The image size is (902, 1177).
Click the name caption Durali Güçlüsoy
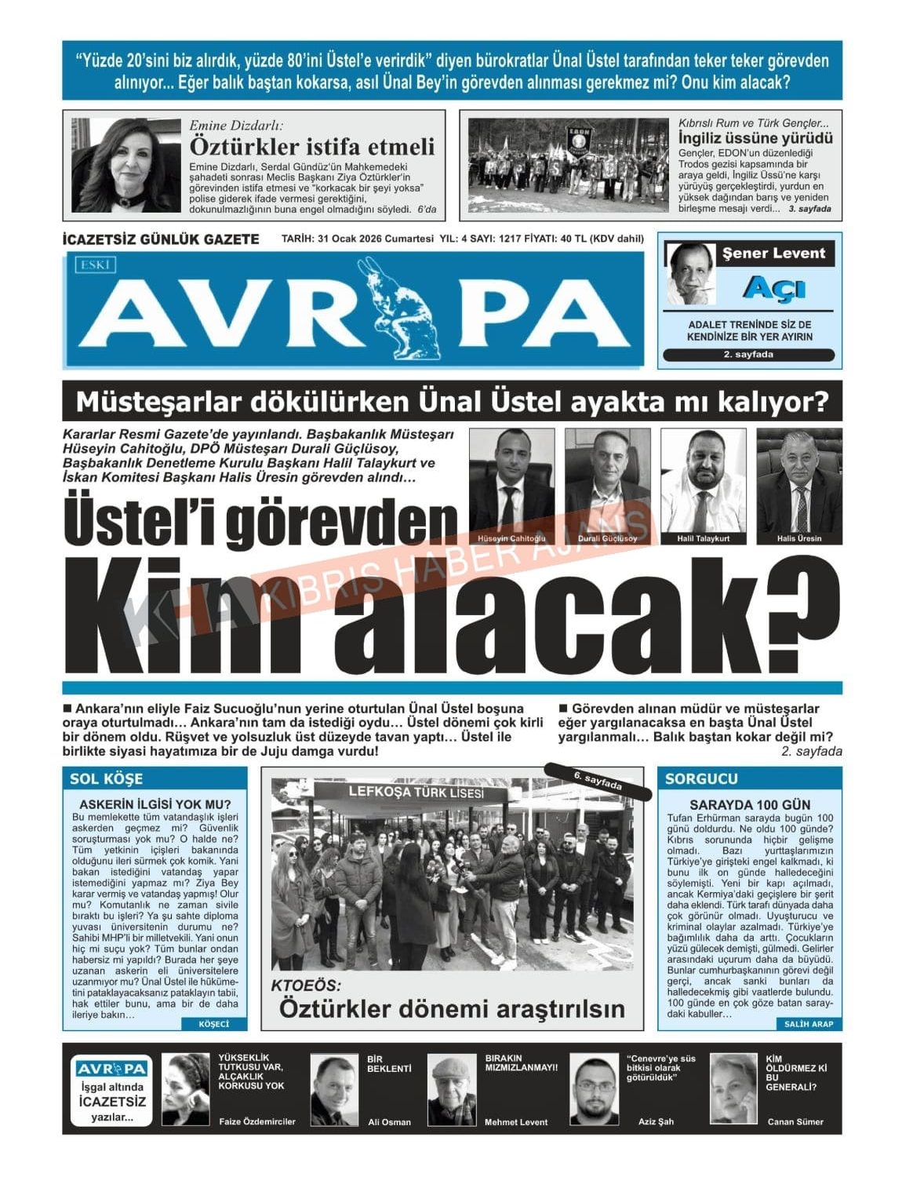tap(607, 538)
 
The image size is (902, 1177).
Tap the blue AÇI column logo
tap(773, 289)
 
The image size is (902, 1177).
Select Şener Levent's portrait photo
tap(690, 273)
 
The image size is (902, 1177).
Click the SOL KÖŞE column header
tap(107, 778)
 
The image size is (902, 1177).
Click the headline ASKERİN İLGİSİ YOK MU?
tap(155, 804)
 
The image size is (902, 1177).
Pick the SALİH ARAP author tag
tap(809, 1023)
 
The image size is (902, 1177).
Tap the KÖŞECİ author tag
tap(213, 1023)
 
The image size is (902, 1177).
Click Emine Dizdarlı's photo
tap(125, 165)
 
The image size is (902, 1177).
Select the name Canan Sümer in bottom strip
tap(795, 1121)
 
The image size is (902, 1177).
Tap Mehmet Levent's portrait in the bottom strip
tap(452, 1091)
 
